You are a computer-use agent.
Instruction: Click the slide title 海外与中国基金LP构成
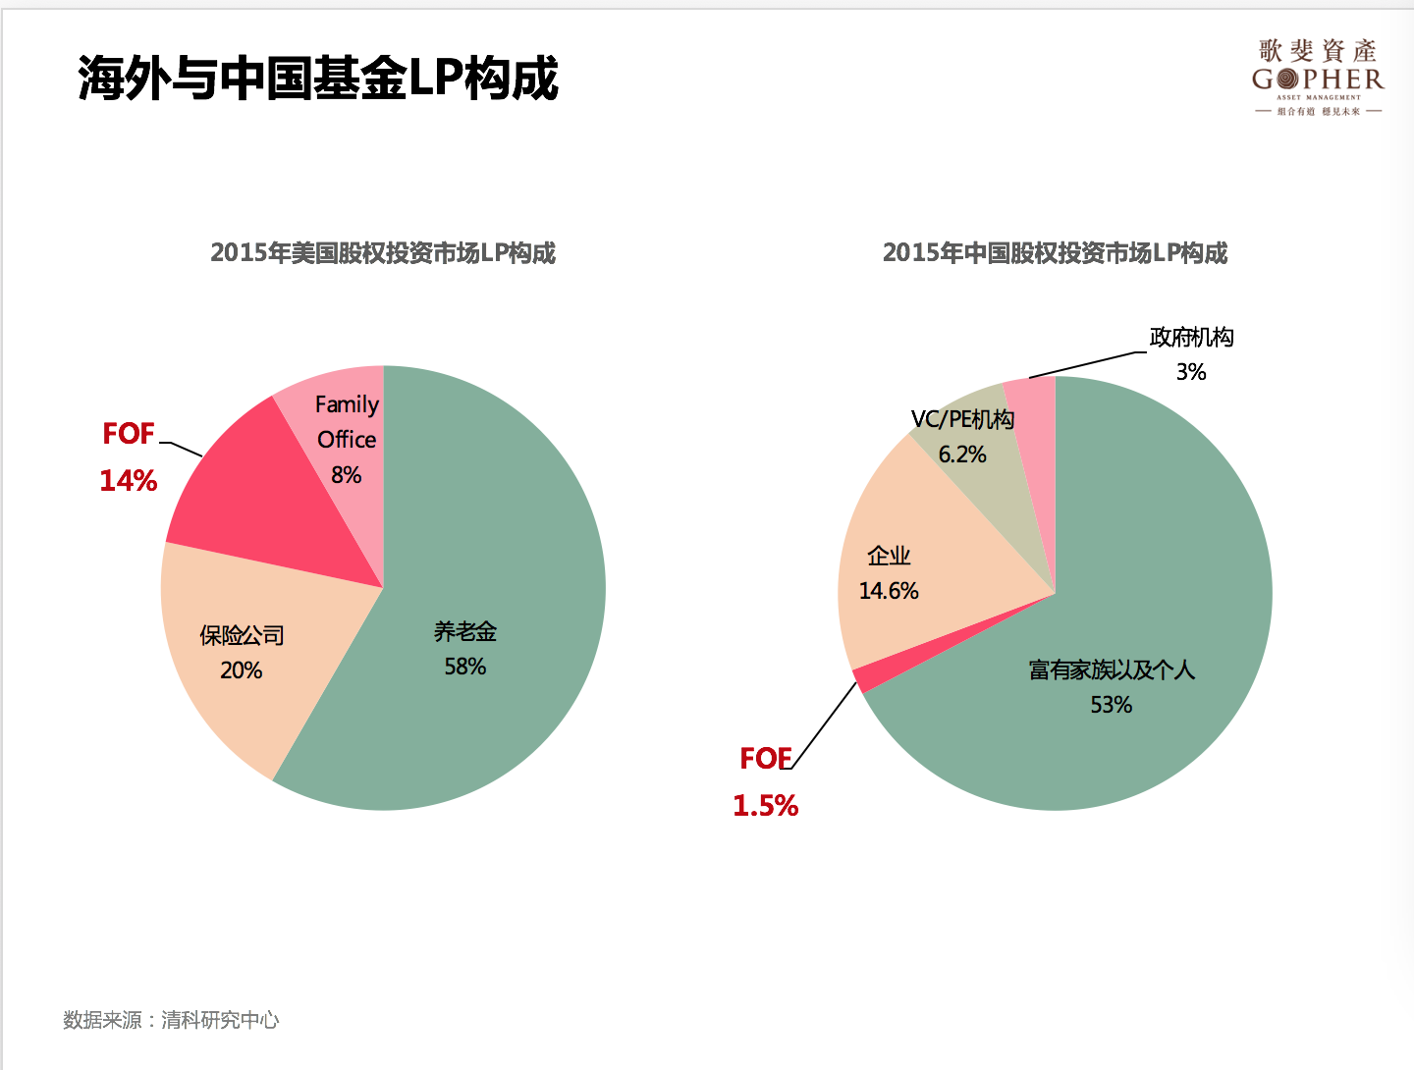[318, 79]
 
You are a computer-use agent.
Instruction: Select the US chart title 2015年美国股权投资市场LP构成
[383, 253]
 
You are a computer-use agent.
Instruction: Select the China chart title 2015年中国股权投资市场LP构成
[1055, 253]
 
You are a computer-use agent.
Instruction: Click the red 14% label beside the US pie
[129, 481]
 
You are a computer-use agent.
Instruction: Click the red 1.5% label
[766, 806]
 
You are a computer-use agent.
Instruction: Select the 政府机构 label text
[1191, 338]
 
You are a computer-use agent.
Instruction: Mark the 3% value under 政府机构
[1191, 372]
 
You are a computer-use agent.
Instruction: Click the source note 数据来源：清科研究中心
[171, 1020]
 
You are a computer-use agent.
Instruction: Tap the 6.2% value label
[962, 455]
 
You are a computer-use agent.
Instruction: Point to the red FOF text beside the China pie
[766, 759]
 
